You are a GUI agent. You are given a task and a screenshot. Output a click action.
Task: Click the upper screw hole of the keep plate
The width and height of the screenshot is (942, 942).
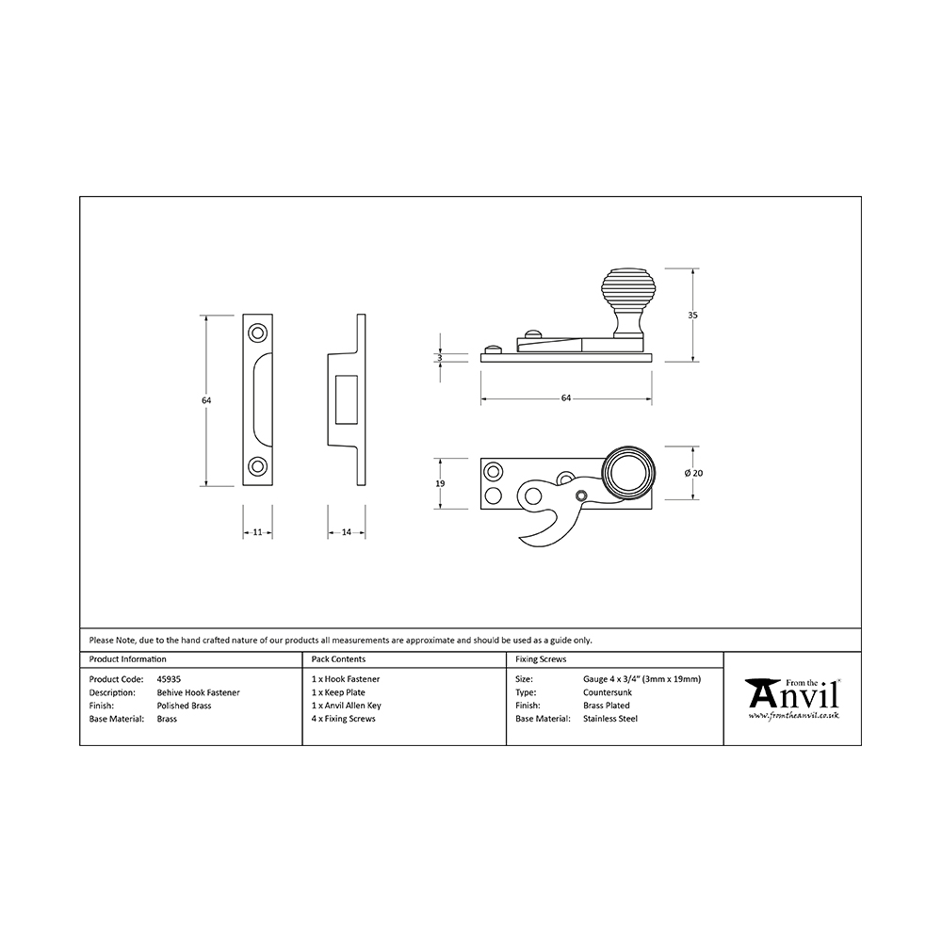pyautogui.click(x=258, y=333)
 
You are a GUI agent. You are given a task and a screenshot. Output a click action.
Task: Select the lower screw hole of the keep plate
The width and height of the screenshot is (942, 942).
pyautogui.click(x=258, y=466)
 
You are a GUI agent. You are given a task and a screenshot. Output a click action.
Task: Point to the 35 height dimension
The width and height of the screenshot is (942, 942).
pyautogui.click(x=692, y=316)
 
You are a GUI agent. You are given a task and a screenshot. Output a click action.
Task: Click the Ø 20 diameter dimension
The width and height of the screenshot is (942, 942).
pyautogui.click(x=692, y=473)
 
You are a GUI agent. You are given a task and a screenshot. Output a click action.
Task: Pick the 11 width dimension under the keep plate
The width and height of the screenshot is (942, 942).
pyautogui.click(x=258, y=532)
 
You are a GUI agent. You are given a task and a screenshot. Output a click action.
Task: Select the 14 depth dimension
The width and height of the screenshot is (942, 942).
pyautogui.click(x=346, y=532)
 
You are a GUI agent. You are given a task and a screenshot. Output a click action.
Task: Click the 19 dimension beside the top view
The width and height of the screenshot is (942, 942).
pyautogui.click(x=440, y=483)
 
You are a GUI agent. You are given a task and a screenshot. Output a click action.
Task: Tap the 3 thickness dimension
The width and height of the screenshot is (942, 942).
pyautogui.click(x=440, y=357)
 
